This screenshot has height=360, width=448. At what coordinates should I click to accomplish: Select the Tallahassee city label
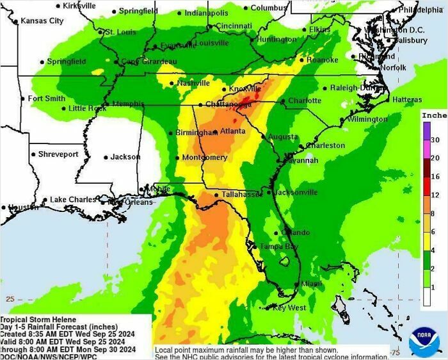241,194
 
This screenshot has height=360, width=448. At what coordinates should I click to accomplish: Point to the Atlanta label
232,131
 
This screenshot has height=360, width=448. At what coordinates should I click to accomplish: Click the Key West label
289,307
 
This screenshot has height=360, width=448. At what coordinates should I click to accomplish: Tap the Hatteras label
406,100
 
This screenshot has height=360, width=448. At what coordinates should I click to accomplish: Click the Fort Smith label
46,99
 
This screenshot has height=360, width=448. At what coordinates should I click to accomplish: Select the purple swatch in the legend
426,131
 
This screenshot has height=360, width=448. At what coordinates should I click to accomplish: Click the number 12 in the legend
435,195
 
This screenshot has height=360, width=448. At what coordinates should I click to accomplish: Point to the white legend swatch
426,295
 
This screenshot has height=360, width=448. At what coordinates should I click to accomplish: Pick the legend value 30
435,140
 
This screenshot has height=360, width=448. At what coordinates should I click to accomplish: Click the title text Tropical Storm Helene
38,320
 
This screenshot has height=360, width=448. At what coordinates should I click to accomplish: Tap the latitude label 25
10,299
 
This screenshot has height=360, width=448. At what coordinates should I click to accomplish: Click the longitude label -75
395,352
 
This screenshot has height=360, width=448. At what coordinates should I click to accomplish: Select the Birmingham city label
197,133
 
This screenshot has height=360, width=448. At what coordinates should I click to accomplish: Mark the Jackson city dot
106,157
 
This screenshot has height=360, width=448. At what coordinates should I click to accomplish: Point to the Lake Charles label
73,200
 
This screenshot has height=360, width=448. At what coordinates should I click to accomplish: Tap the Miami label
311,284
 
